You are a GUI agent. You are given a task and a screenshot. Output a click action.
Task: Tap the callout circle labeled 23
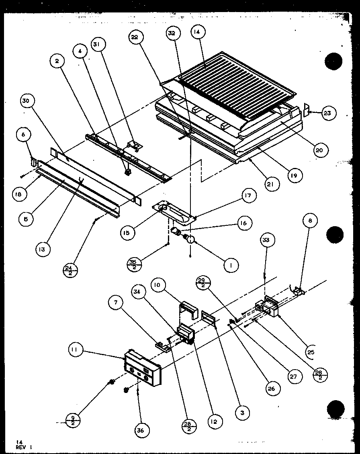327,114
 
